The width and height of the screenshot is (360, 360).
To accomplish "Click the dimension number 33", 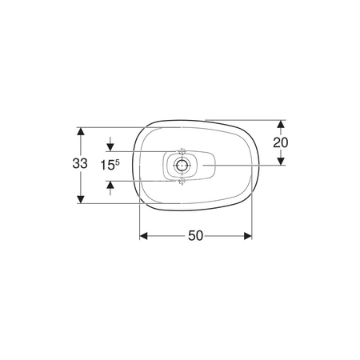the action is [80, 163].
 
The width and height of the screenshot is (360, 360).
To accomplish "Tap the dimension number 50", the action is [195, 236].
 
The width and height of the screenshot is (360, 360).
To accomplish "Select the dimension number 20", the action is [281, 142].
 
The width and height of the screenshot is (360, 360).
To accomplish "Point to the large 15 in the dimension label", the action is [107, 166].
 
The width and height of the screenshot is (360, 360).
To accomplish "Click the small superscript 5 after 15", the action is [118, 162].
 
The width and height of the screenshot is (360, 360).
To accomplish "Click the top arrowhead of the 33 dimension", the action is [81, 131].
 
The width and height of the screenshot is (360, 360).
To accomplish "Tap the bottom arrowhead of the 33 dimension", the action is [81, 199].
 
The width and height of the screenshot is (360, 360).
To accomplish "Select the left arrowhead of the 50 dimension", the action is [144, 236].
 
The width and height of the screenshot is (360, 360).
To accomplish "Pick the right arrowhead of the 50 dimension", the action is [248, 236].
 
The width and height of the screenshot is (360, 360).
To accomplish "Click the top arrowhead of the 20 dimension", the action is [281, 124].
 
